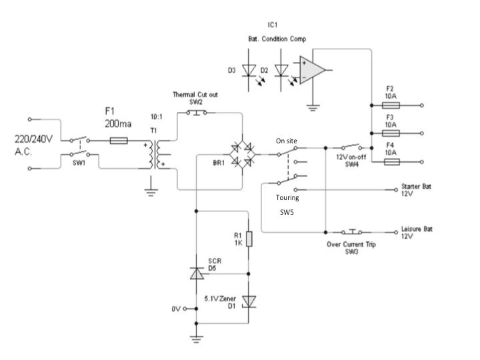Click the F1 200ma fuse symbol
coord(119,141)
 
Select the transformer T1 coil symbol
coord(155,155)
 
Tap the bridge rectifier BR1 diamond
coord(243,155)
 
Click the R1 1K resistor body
coord(249,239)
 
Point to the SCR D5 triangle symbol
coord(197,273)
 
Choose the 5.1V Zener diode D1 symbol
coord(249,301)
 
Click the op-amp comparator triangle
coord(312,70)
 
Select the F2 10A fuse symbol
coord(391,105)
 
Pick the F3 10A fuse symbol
coord(391,133)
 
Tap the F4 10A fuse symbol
coord(392,161)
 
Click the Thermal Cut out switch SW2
coord(197,113)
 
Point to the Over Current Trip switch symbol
coord(352,232)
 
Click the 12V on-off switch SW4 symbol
coord(351,146)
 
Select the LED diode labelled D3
coord(249,71)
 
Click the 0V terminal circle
coord(185,309)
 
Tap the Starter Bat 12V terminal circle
coord(396,190)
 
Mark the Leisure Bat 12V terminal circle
coord(396,233)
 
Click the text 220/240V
coord(34,139)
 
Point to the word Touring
coord(287,197)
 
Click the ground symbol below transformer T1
coord(151,192)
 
